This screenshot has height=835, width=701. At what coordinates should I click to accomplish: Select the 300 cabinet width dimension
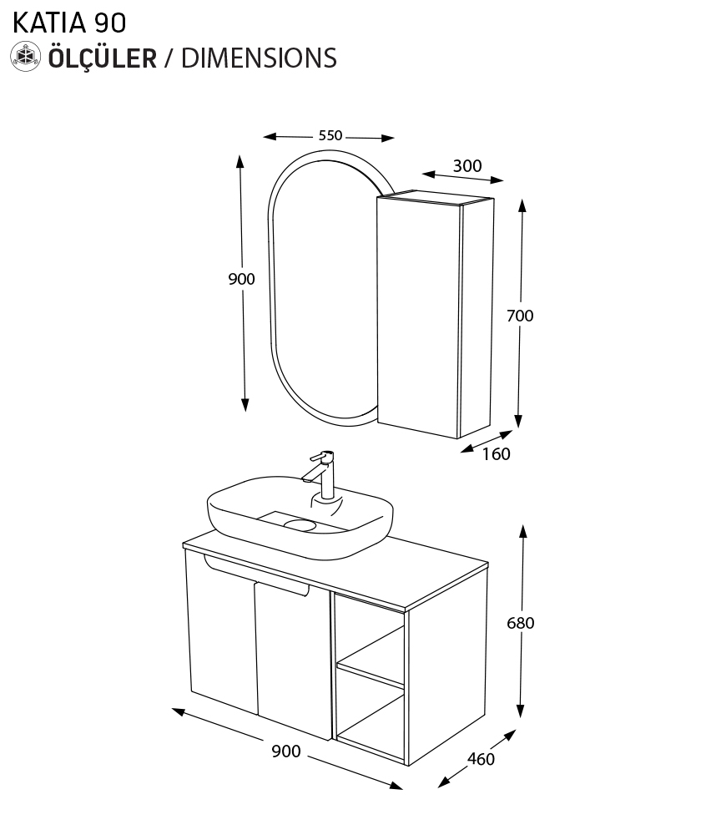coord(466,165)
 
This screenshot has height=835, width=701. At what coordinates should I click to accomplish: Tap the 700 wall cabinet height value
coord(520,316)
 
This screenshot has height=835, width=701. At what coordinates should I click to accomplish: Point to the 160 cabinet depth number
coord(496,454)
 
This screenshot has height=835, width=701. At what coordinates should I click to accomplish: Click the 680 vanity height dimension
coord(520,623)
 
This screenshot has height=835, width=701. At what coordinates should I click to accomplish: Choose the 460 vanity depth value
coord(481,759)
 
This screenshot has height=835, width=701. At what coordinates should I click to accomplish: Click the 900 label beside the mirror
coord(241,279)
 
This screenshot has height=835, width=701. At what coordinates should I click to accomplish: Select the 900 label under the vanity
coord(285,751)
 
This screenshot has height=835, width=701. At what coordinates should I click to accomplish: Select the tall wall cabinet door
coord(417,313)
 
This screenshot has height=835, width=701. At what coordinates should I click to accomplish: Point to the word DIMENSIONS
coord(259,58)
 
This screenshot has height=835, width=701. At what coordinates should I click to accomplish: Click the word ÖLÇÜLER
coord(103,58)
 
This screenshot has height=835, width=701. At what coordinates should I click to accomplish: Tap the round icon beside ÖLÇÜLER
coord(26,57)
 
